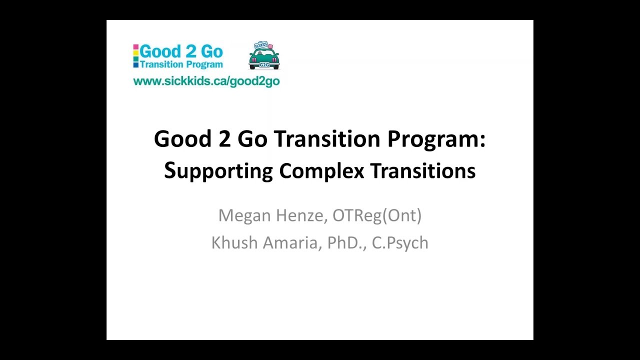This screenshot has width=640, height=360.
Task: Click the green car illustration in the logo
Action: point(264,57)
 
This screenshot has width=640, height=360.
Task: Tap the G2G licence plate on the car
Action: point(264,64)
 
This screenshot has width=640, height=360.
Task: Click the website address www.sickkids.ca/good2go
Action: point(206,81)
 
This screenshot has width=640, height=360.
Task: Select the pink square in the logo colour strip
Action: point(135,47)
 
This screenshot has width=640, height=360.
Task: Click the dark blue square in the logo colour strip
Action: point(135,64)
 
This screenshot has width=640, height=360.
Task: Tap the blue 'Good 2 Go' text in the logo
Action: point(181,51)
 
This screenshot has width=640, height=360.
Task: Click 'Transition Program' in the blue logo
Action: point(181,64)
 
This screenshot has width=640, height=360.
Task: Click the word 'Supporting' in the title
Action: point(218,171)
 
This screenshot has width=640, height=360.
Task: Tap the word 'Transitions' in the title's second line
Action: point(423,171)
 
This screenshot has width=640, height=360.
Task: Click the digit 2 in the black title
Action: point(224,138)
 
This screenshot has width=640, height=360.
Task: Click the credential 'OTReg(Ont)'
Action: point(377,215)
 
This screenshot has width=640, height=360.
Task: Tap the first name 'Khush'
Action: point(233,242)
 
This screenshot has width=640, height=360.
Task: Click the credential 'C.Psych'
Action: point(400,242)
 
